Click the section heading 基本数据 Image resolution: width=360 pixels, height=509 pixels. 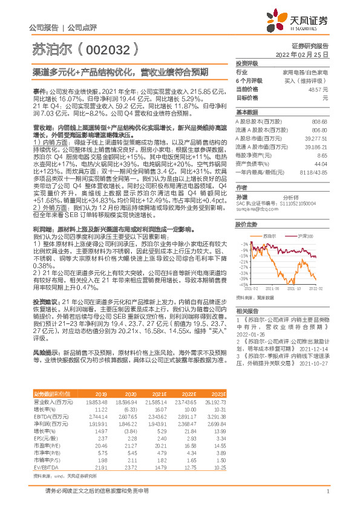tap(247, 112)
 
